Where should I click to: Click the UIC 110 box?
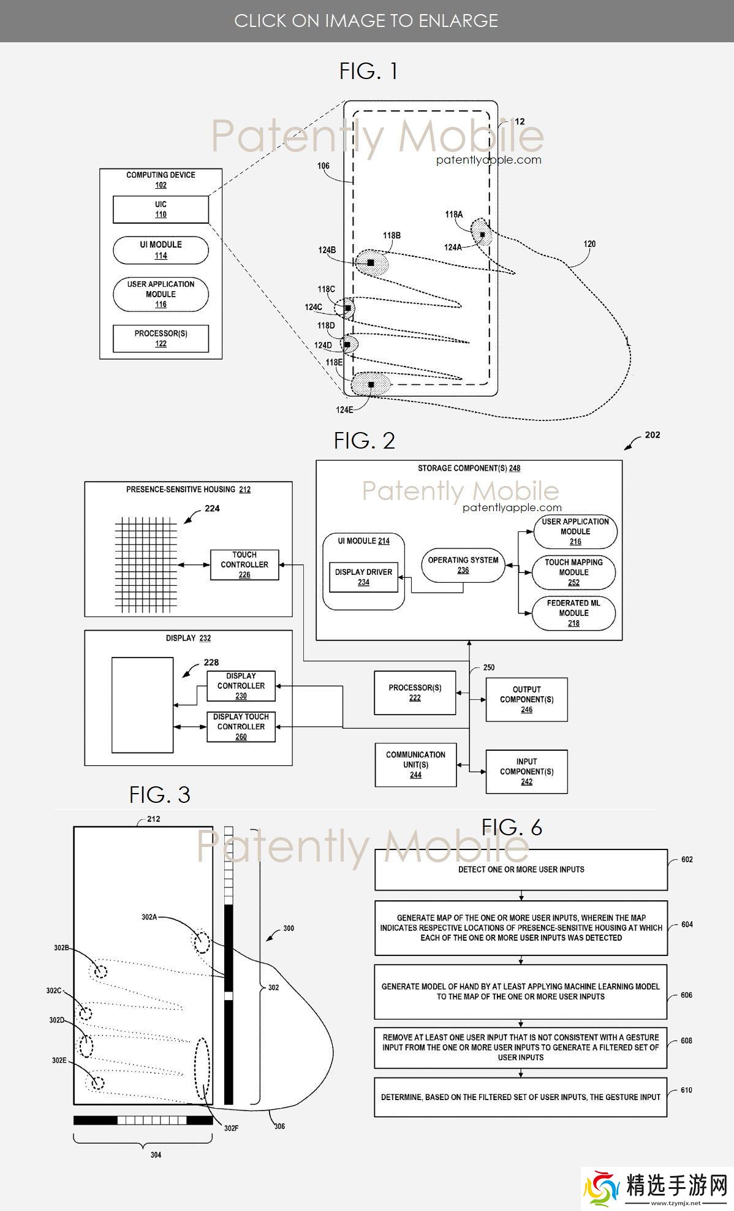161,210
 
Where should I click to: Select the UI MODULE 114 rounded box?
161,250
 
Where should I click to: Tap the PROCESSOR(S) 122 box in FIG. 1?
161,338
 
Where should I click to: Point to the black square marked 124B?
371,262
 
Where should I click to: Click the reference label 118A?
453,214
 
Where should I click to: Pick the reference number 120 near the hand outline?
589,244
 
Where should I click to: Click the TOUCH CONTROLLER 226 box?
244,564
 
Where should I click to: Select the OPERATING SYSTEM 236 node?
463,564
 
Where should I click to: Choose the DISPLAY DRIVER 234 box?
363,577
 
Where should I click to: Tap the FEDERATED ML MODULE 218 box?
573,613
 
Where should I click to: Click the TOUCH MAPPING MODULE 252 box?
573,572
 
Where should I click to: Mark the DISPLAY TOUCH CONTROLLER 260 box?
241,726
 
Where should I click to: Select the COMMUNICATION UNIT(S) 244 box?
415,764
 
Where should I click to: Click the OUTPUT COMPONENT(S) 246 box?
526,699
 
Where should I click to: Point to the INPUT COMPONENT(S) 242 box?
526,772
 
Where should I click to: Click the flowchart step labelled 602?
521,869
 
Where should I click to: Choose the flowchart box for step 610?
521,1096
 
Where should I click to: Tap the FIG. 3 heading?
160,795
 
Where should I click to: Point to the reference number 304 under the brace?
156,1155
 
